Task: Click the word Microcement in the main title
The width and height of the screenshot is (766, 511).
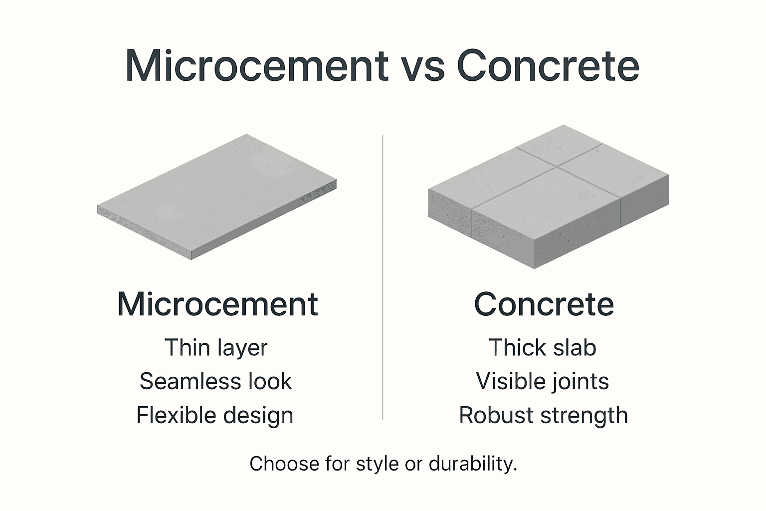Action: click(256, 65)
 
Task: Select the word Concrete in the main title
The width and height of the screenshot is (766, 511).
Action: click(548, 65)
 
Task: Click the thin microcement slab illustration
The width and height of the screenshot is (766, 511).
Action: click(217, 195)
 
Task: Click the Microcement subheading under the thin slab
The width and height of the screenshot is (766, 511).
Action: click(217, 304)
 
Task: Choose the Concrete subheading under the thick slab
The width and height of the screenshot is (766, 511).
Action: click(544, 304)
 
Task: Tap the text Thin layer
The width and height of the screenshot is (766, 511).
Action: click(216, 348)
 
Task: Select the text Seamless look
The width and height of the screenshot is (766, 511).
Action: click(215, 381)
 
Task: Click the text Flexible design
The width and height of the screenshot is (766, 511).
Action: click(215, 415)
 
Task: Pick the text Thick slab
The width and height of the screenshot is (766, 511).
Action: click(543, 348)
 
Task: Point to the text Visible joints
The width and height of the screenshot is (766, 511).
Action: click(543, 381)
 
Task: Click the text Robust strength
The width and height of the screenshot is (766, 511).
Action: click(543, 415)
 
